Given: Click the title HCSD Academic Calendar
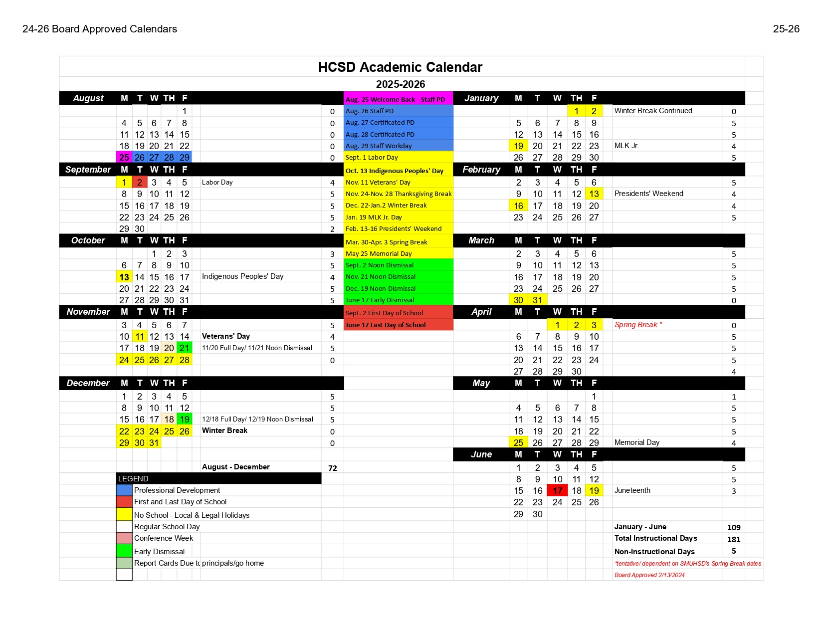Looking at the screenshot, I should [400, 67].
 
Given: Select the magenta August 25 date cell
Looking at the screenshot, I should [124, 158].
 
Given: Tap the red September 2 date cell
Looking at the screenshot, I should [140, 183].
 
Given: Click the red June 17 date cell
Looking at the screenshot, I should [557, 491].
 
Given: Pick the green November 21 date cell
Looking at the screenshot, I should [185, 348].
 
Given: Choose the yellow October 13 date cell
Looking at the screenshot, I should [124, 277].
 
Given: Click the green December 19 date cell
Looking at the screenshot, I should [185, 420].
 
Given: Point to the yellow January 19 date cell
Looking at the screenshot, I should [518, 146].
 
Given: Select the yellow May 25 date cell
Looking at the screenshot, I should [518, 443].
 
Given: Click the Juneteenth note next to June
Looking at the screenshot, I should [632, 490].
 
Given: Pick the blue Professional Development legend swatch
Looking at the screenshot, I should [124, 490].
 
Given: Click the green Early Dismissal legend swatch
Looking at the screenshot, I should [124, 551].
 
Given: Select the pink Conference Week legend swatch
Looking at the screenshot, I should [124, 538].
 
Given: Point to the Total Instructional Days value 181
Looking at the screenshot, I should [734, 539].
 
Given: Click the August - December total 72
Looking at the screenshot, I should [333, 468].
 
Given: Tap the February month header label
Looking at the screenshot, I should [481, 170].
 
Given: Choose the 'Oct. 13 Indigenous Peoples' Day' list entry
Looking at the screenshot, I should [394, 171].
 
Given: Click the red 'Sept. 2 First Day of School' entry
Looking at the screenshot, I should [384, 313].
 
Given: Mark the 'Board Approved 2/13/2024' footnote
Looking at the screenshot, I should [649, 575].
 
